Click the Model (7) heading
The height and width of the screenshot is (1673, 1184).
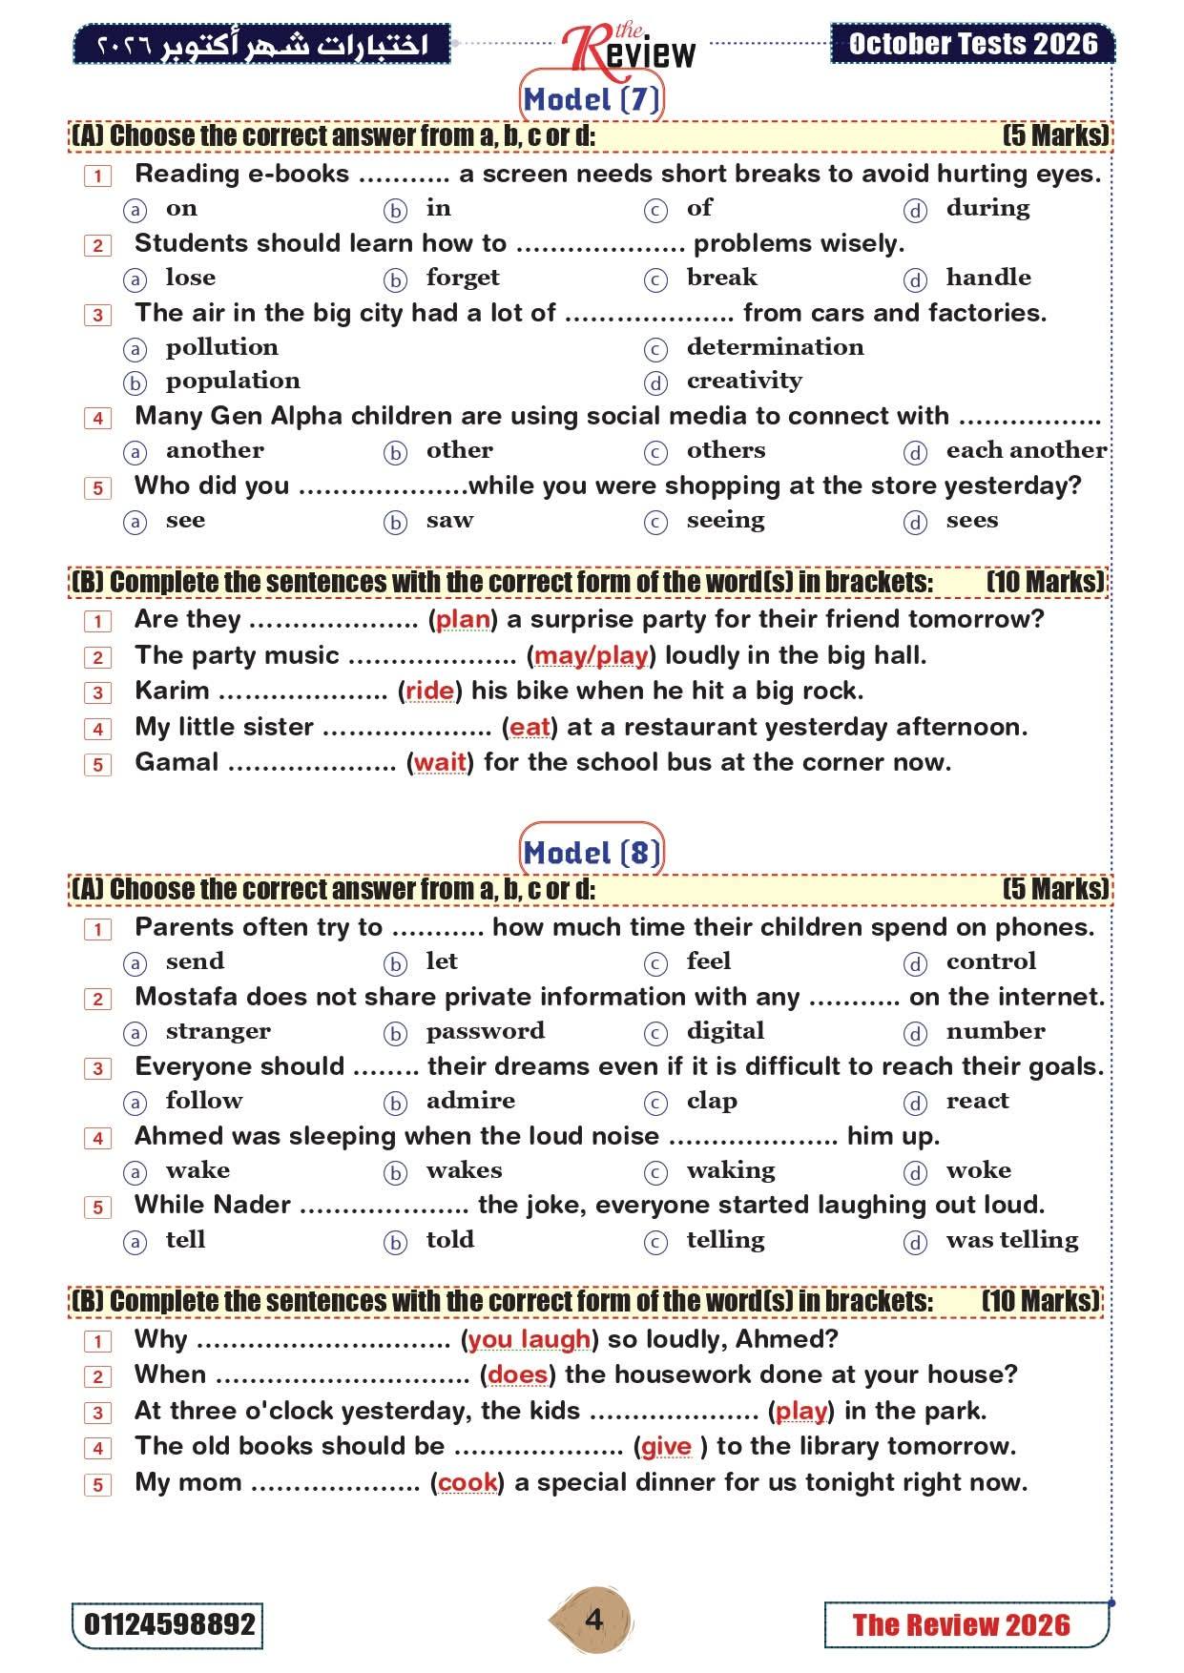point(592,99)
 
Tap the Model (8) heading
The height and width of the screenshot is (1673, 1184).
point(592,853)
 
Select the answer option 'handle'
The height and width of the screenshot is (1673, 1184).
point(987,278)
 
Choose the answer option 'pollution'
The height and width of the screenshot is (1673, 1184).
point(221,347)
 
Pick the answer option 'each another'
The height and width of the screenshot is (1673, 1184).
point(1026,450)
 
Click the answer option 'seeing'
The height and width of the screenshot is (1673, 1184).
point(725,521)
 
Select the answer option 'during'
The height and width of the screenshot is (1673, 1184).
point(987,208)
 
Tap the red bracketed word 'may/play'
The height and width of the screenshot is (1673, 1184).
point(592,655)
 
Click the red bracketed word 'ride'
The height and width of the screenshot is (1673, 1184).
point(429,691)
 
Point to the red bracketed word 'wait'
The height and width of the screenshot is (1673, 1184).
point(440,762)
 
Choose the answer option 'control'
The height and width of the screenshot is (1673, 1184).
point(990,961)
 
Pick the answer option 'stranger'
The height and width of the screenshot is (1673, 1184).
point(218,1031)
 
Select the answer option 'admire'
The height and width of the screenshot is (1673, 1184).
point(470,1101)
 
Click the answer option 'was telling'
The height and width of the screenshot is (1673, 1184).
point(1011,1240)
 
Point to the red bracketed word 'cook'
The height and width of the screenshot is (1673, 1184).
point(467,1482)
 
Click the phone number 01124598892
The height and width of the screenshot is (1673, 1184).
point(168,1624)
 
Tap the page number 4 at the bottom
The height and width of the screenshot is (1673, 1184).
point(593,1620)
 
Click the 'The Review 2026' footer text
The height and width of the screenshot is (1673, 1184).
point(961,1625)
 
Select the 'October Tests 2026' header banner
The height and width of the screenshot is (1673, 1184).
point(972,44)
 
